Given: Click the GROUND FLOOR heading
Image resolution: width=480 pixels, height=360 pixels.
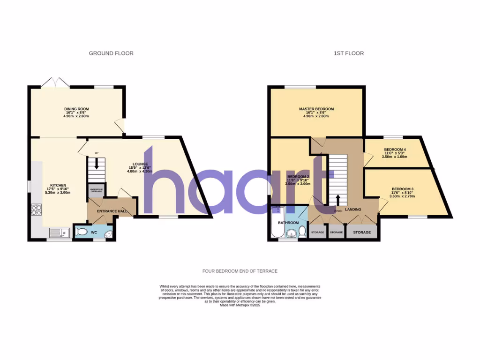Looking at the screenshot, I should pyautogui.click(x=111, y=53).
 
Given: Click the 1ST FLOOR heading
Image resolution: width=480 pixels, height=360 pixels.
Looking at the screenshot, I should pyautogui.click(x=348, y=53).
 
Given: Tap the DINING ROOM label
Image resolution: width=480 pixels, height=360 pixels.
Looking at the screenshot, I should pyautogui.click(x=76, y=109).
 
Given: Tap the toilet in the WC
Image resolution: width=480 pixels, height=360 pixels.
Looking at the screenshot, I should pyautogui.click(x=82, y=231).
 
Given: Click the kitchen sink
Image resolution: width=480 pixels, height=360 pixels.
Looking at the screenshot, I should pyautogui.click(x=60, y=232).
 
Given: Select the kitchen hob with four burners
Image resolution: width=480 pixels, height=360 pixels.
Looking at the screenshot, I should pyautogui.click(x=36, y=210).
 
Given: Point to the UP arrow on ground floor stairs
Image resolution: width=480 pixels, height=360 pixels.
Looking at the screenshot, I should pyautogui.click(x=97, y=163).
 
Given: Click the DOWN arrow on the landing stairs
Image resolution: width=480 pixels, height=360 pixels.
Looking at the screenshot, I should pyautogui.click(x=338, y=199).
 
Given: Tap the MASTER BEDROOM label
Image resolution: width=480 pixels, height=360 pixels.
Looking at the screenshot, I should pyautogui.click(x=316, y=109).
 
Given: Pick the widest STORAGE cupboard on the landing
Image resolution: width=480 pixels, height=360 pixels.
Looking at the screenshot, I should pyautogui.click(x=362, y=232).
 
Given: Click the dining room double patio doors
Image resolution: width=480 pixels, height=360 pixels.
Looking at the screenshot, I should pyautogui.click(x=55, y=83).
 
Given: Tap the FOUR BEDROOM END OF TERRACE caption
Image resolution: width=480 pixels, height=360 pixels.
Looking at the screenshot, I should pyautogui.click(x=240, y=271).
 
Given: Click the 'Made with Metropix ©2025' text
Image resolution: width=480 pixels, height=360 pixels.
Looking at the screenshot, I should pyautogui.click(x=240, y=305).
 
